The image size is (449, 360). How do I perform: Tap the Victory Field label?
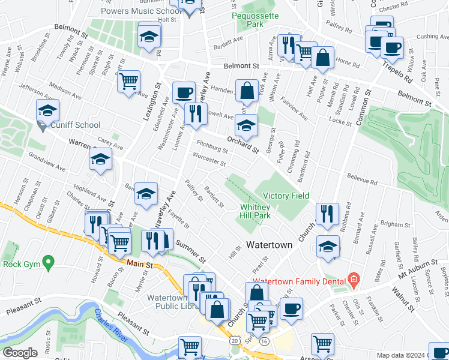click(286, 196)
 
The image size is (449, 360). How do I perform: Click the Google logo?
click(20, 353)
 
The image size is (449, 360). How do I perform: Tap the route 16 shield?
click(264, 340)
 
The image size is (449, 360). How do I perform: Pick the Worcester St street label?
click(209, 162)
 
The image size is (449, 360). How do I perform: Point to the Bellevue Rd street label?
click(362, 179)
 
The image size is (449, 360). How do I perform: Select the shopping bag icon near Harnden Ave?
click(247, 92)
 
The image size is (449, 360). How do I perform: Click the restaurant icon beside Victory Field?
click(327, 215)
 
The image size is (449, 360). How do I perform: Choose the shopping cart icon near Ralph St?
click(128, 82)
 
